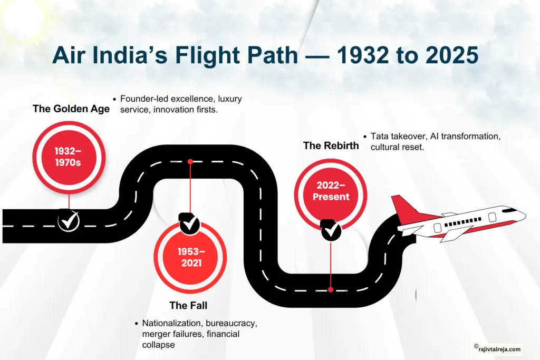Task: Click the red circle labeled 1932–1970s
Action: click(x=69, y=157)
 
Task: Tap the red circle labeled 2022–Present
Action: click(x=330, y=191)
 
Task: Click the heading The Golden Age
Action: click(x=71, y=109)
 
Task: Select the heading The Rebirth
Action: click(x=331, y=145)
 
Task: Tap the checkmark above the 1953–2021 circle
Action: click(x=189, y=224)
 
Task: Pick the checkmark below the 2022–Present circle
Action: click(x=331, y=230)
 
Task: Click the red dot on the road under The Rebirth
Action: click(x=331, y=289)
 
